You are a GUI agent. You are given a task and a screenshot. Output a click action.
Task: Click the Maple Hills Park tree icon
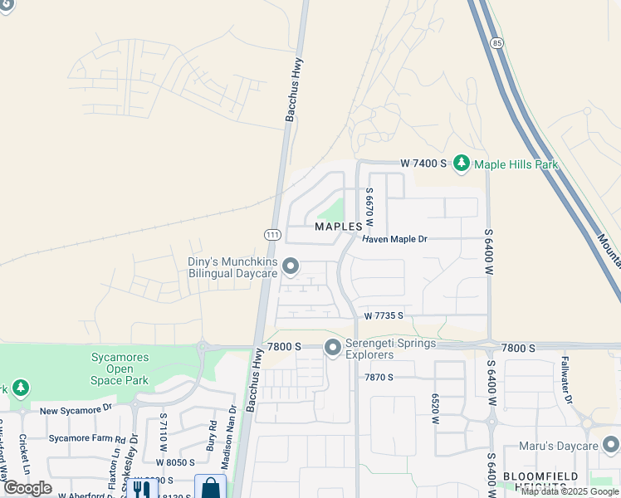(462, 164)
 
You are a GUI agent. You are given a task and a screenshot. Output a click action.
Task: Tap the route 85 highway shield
(496, 42)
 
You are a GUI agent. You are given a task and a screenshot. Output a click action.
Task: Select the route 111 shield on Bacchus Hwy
(271, 235)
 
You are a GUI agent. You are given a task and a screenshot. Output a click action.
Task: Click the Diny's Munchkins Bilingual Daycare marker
(291, 266)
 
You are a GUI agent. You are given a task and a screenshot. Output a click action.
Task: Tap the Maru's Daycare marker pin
(611, 447)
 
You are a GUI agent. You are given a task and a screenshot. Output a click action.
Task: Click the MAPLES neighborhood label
(339, 226)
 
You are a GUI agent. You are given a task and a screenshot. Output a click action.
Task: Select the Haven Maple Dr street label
(394, 239)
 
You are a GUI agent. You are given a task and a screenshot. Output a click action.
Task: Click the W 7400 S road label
(423, 164)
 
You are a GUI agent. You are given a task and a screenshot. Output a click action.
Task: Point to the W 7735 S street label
(383, 315)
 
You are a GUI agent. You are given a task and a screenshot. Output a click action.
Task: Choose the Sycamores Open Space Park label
(119, 369)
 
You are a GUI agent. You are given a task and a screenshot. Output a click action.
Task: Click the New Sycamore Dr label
(76, 410)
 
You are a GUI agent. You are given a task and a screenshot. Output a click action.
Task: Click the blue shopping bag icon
(210, 488)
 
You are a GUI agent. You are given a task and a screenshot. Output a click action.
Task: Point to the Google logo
(27, 488)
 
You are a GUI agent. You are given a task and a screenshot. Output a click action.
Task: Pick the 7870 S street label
(378, 377)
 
